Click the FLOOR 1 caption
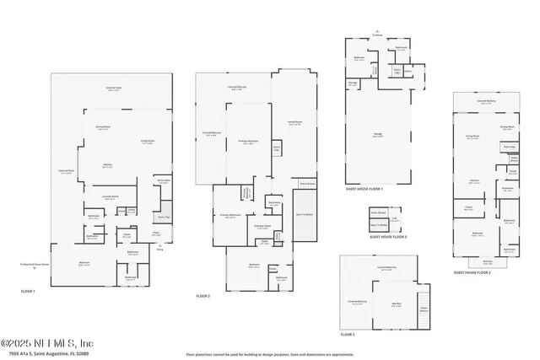29,291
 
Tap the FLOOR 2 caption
202,297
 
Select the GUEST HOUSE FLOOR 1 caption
364,189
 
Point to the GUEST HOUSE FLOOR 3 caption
388,238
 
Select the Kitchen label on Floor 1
107,164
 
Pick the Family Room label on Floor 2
294,123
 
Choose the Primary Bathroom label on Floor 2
226,216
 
